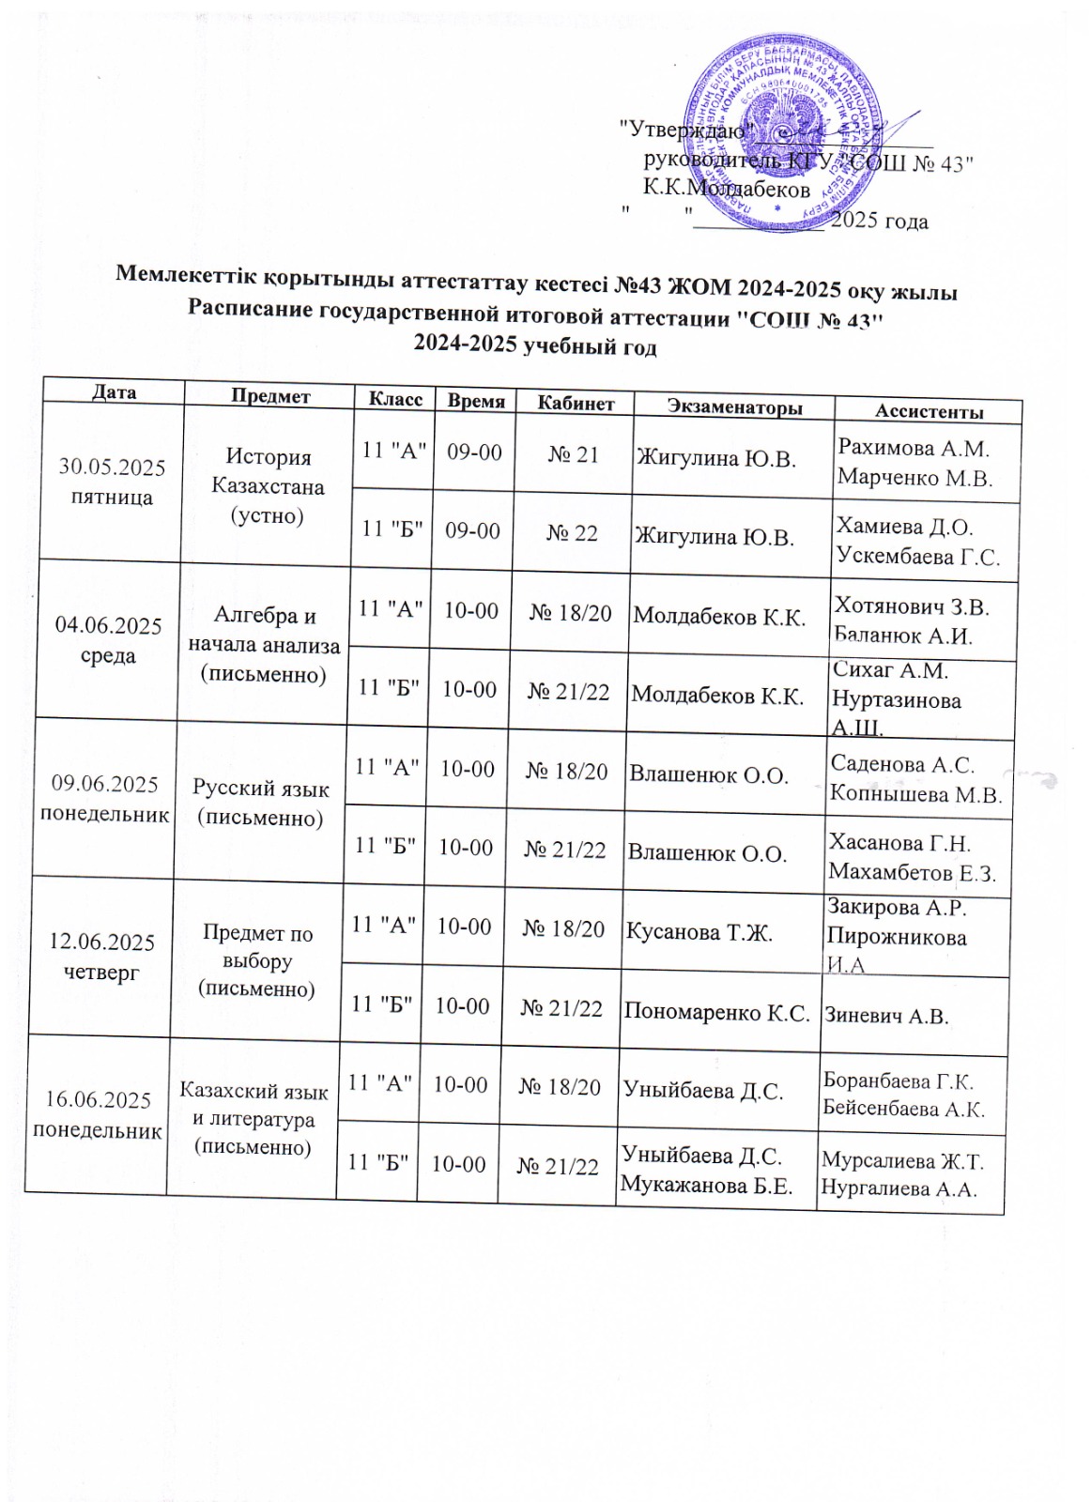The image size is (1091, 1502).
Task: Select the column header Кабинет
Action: click(576, 403)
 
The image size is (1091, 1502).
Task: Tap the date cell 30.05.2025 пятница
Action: click(112, 482)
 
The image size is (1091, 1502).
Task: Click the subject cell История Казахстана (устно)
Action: click(268, 486)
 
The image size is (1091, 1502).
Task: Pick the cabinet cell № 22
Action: click(572, 532)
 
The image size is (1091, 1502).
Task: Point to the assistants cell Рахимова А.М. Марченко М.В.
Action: click(914, 462)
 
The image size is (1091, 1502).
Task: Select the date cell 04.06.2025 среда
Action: click(108, 640)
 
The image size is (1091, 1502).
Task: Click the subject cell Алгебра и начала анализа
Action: click(264, 644)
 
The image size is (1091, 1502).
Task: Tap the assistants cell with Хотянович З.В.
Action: click(912, 620)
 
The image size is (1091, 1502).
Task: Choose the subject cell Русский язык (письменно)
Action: click(260, 803)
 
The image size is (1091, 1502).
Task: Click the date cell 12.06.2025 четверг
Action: click(101, 957)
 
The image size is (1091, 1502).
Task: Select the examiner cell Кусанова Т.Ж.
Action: click(699, 932)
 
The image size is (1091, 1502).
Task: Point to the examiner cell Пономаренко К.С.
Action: click(716, 1012)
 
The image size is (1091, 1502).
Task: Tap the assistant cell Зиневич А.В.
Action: click(886, 1016)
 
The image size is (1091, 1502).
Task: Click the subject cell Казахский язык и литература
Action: click(254, 1118)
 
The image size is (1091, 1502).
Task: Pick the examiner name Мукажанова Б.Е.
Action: click(705, 1185)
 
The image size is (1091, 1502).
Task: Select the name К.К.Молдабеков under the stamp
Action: click(726, 189)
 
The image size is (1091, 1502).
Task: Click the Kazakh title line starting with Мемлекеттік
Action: click(536, 281)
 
